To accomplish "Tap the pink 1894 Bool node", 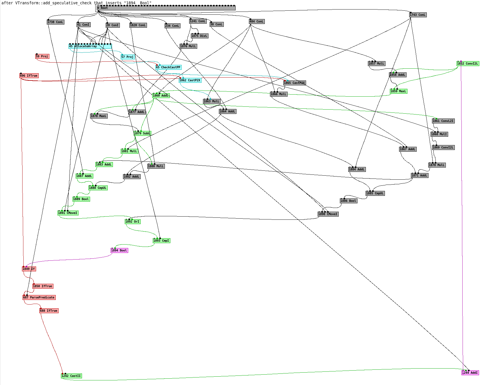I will click(119, 251).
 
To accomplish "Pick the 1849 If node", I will click(29, 269).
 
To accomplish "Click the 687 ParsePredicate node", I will click(39, 298).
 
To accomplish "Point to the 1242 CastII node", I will click(71, 376).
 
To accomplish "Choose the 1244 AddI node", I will click(470, 373).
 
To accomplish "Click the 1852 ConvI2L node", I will click(468, 64).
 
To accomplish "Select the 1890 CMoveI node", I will click(328, 214).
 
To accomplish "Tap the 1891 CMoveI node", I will click(68, 213).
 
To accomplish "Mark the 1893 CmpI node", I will click(161, 241).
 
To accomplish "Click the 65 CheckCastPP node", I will click(168, 67).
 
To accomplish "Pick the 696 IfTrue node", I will click(29, 76).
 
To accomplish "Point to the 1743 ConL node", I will click(418, 15).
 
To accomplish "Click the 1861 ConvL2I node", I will click(443, 121).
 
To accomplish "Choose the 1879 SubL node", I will click(142, 134).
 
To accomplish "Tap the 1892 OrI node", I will click(133, 222).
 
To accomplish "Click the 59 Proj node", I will click(42, 57).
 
